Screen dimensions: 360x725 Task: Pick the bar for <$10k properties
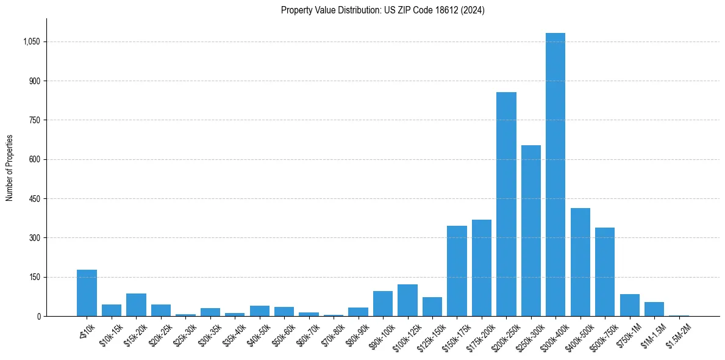tap(87, 293)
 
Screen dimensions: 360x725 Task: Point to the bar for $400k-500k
tap(580, 262)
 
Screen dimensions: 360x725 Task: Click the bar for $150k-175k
tap(457, 271)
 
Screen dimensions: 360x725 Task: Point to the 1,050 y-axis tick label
tap(31, 41)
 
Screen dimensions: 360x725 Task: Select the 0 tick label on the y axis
tap(38, 316)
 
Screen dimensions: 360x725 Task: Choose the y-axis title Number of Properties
tap(10, 168)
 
